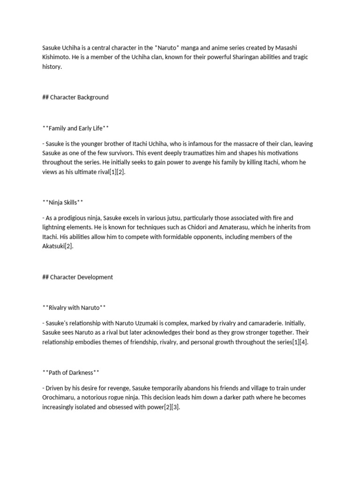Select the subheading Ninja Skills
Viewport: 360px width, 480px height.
[x=63, y=202]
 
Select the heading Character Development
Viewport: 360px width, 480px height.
[x=78, y=277]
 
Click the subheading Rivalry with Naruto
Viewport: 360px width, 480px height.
[x=74, y=307]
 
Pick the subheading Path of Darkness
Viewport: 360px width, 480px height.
[x=71, y=373]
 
